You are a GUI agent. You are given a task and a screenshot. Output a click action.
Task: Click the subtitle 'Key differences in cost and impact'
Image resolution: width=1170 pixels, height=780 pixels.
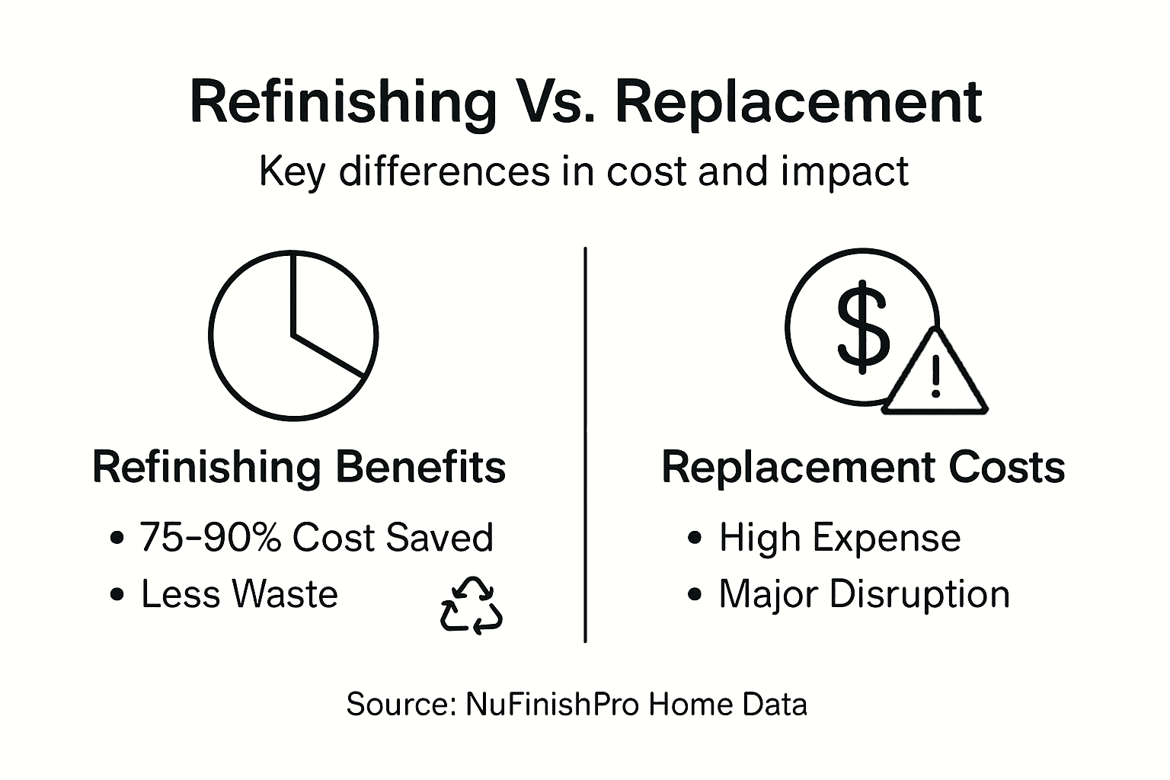583,171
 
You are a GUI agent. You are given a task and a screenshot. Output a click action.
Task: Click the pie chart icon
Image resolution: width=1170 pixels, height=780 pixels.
293,335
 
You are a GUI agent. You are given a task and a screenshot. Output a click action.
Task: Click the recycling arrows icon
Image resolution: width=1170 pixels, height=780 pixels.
472,606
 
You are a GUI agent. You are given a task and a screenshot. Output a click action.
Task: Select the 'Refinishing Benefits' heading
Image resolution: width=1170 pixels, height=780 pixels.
299,467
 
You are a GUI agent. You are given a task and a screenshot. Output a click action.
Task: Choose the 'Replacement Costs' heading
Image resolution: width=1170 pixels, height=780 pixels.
863,467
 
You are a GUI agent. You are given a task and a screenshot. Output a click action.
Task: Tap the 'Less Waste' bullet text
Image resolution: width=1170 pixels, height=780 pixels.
239,594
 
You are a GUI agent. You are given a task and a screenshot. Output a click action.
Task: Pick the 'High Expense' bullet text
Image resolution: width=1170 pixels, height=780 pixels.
839,538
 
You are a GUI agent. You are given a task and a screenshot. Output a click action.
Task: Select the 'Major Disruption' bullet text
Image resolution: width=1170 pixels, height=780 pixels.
864,594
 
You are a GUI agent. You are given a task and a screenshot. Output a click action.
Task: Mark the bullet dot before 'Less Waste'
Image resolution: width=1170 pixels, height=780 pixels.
117,595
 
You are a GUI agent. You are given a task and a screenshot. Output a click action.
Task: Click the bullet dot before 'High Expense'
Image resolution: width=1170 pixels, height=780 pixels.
694,539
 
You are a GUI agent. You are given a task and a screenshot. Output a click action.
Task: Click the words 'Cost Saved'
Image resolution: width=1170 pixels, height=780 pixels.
393,538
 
